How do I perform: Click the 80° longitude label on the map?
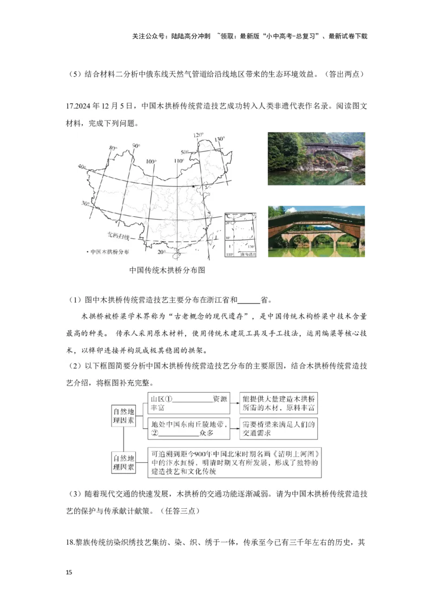(113, 148)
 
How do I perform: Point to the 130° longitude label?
(219, 139)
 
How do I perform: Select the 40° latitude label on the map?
(82, 167)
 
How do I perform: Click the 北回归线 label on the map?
(116, 236)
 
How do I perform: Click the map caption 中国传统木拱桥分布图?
(168, 271)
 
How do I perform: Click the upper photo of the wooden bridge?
(316, 157)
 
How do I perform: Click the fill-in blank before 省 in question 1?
(248, 301)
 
